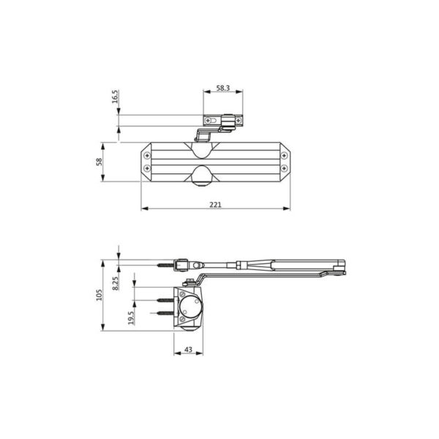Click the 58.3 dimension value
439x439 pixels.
tap(223, 88)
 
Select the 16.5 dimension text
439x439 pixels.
tap(116, 97)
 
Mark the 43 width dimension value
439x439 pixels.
tap(188, 350)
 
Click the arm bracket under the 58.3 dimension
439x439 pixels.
tap(223, 121)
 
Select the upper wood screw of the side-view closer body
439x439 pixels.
tap(164, 299)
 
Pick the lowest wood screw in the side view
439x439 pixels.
tap(164, 312)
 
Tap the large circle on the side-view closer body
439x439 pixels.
tap(192, 307)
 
